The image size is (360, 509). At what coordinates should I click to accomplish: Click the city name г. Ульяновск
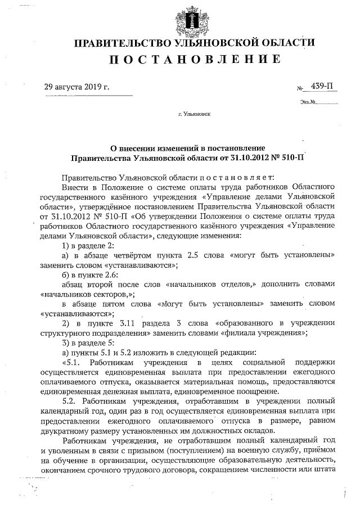[194, 114]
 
